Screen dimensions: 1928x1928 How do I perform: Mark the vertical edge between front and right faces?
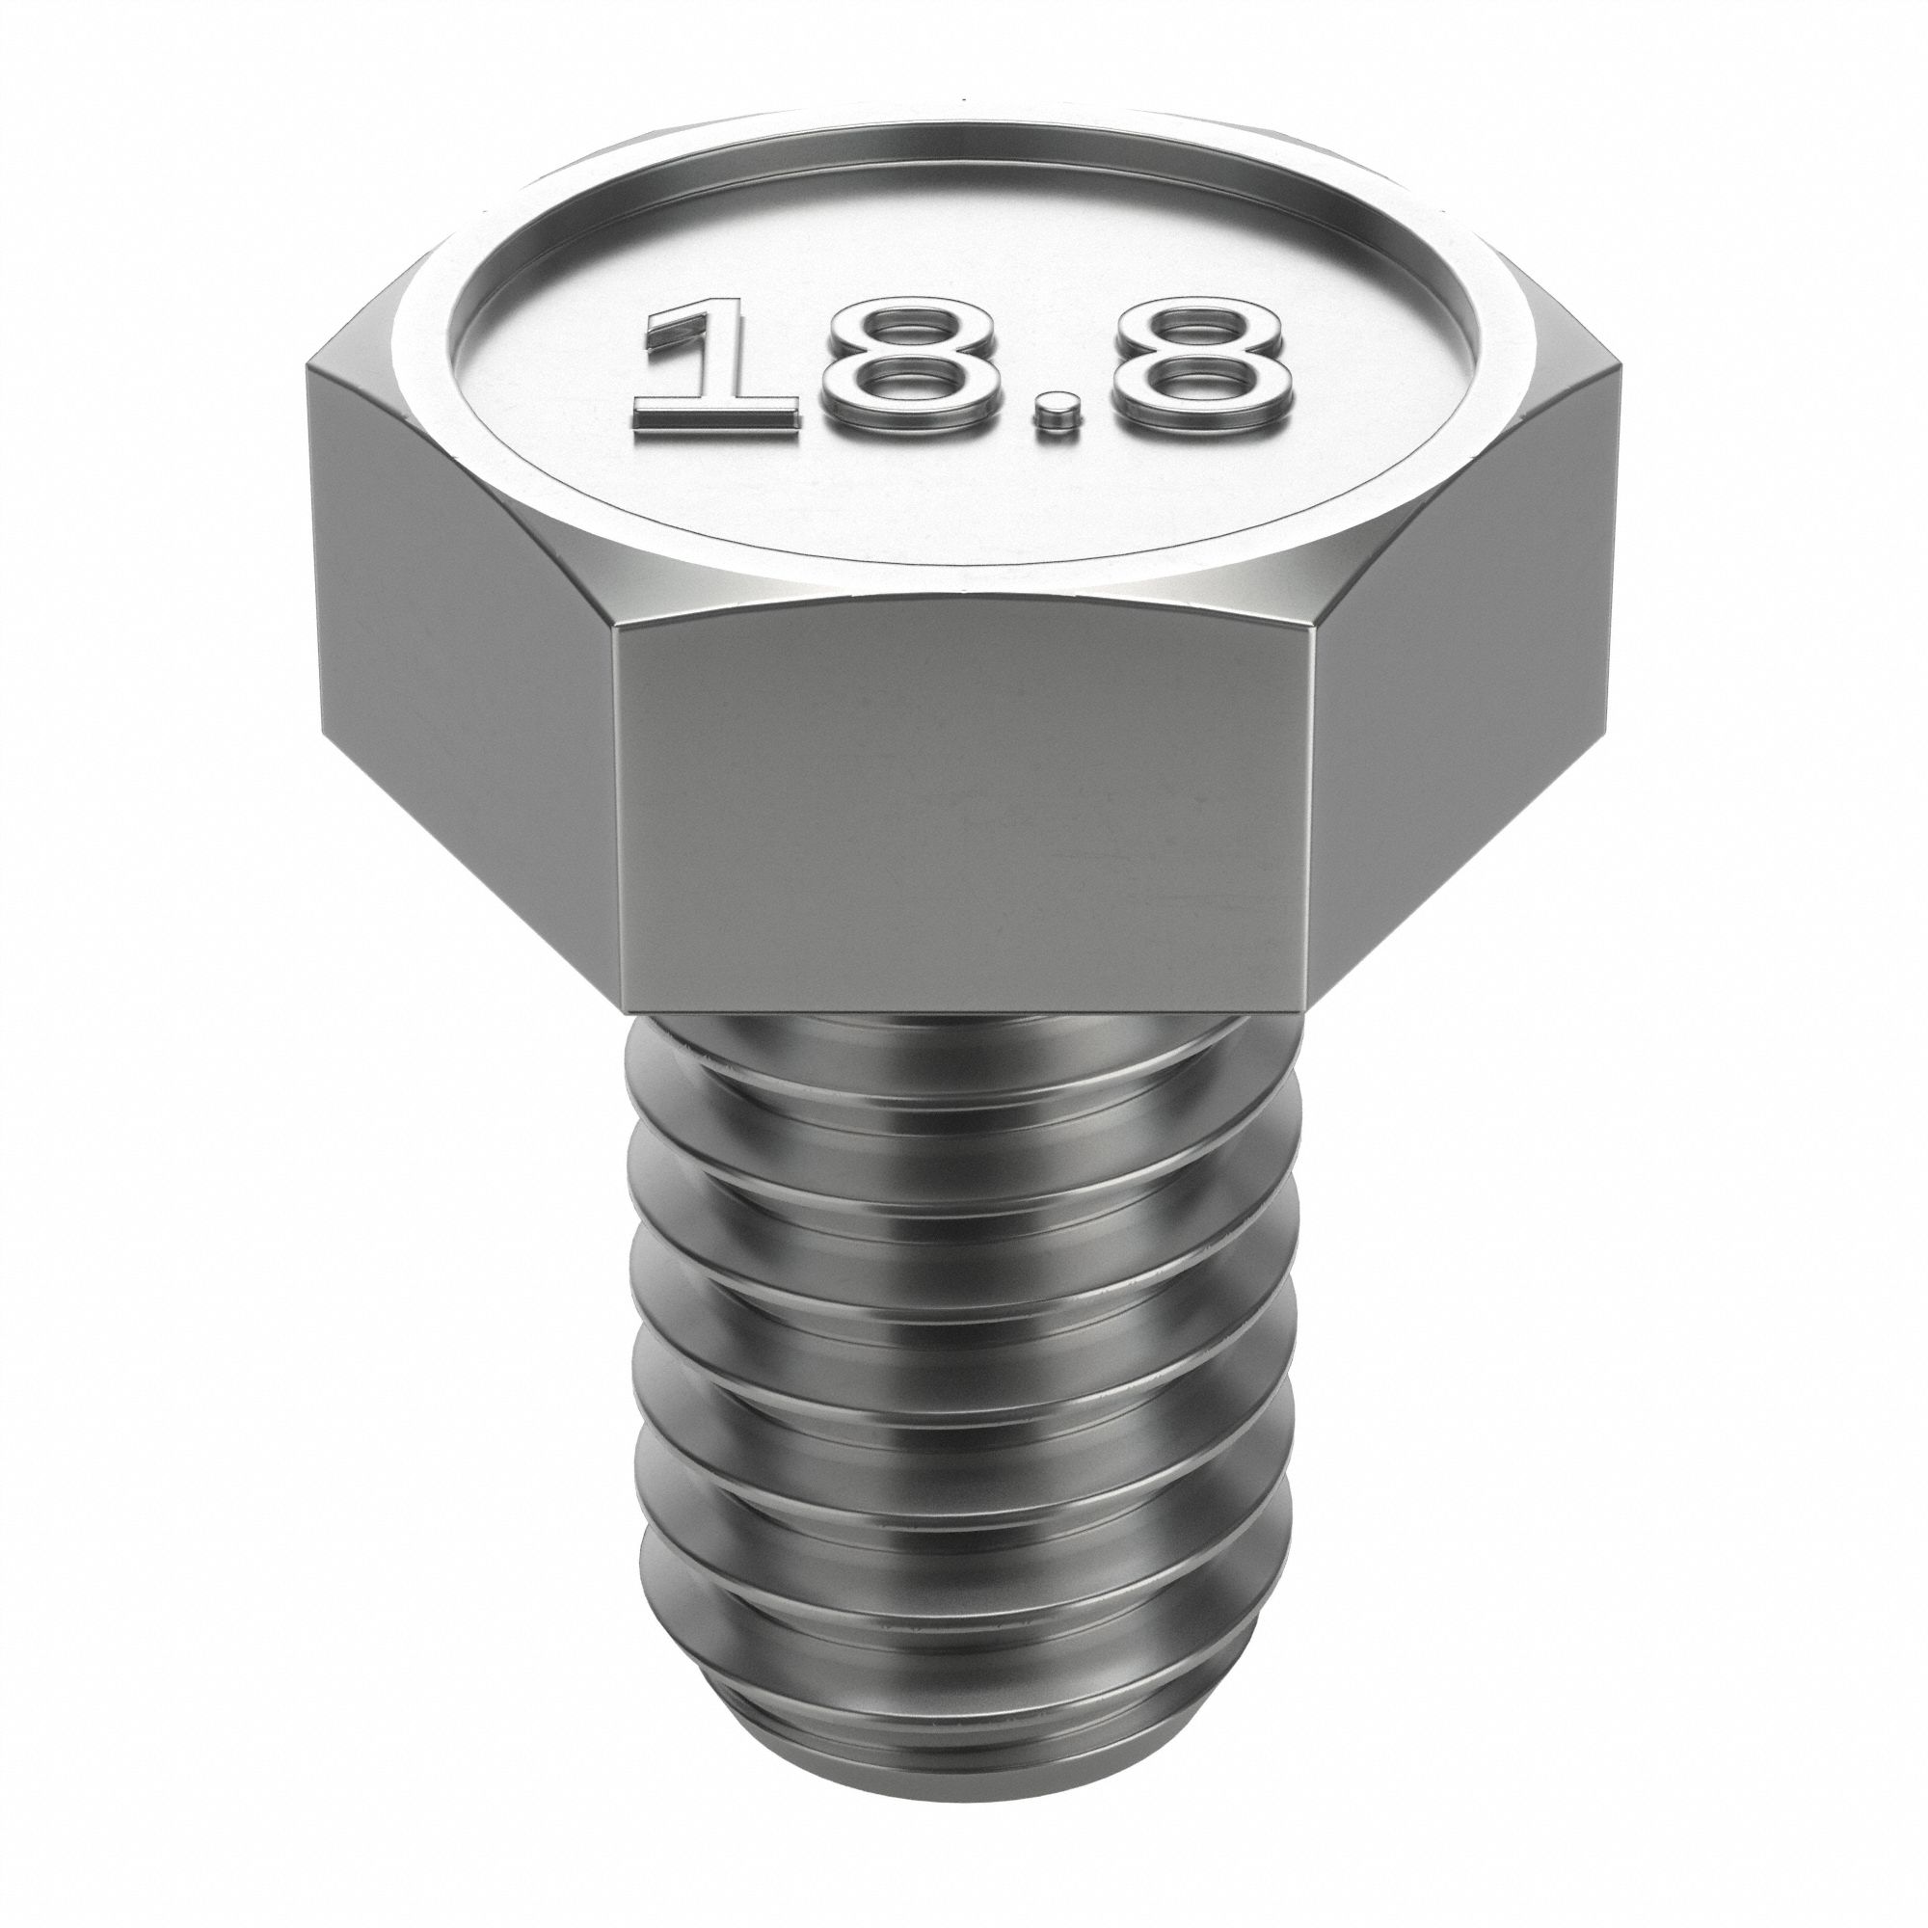click(1309, 798)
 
